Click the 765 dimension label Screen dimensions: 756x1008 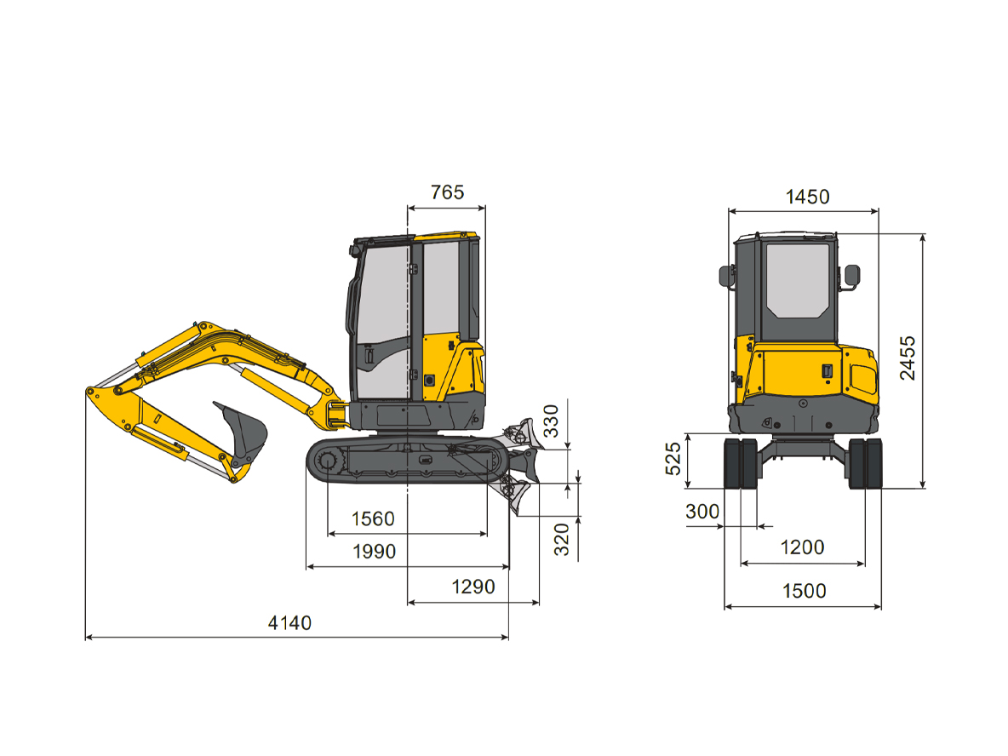tap(447, 192)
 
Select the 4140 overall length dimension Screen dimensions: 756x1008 tap(289, 623)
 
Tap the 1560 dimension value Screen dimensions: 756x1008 tap(373, 519)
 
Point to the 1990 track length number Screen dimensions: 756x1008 tap(375, 552)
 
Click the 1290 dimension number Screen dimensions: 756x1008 tap(472, 587)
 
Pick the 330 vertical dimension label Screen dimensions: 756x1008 tap(553, 421)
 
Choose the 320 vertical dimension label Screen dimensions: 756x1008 tap(563, 539)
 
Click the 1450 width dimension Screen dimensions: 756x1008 tap(806, 198)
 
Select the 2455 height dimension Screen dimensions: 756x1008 tap(908, 358)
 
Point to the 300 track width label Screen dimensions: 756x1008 tap(702, 513)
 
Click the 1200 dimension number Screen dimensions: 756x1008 tap(802, 547)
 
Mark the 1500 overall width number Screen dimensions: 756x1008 tap(803, 591)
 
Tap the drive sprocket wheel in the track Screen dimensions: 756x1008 tap(328, 462)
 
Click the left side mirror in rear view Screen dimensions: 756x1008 tap(726, 276)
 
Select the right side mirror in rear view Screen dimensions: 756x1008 tap(851, 276)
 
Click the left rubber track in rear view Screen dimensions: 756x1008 tap(740, 463)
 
